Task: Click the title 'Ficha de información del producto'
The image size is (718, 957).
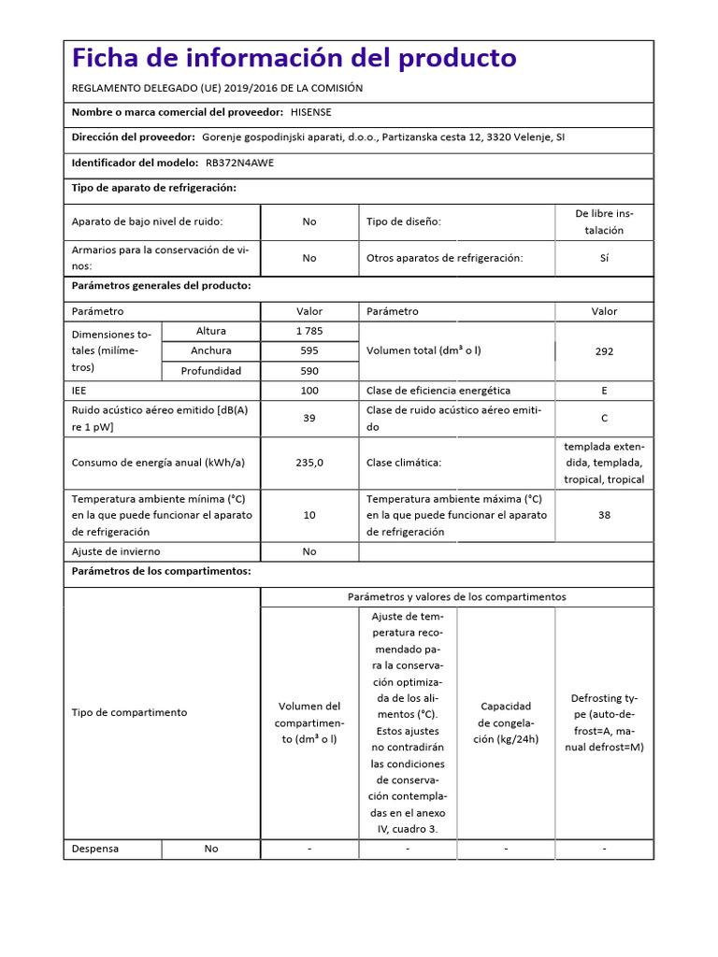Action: pos(294,58)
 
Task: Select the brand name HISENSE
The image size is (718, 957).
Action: pos(310,112)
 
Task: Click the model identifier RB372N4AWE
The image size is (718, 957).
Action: pos(239,163)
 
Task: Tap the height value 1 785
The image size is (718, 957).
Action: pos(309,331)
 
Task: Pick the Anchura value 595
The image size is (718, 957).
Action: pos(309,350)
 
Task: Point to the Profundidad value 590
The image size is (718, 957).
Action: pos(309,371)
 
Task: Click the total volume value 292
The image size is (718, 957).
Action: pos(604,351)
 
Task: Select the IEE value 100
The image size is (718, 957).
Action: pos(309,391)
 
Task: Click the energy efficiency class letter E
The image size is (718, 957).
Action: pos(604,391)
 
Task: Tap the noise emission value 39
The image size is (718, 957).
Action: pos(309,418)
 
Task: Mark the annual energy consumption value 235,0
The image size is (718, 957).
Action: pos(309,462)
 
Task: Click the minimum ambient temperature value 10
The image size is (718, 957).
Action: pos(309,515)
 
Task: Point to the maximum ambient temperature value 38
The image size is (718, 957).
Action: pos(604,514)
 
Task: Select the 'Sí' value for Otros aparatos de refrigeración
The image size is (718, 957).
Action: pos(604,258)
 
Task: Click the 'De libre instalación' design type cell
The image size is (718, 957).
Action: pos(604,221)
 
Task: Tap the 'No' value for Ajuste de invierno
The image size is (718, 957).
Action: pos(309,551)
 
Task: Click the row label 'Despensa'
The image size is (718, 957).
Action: pos(95,849)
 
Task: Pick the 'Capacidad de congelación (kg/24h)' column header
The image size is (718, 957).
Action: pos(506,722)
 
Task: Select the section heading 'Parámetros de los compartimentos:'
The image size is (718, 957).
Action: pos(161,571)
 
